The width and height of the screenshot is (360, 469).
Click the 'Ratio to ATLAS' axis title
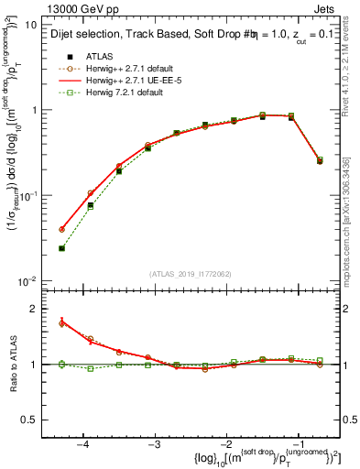pyautogui.click(x=12, y=365)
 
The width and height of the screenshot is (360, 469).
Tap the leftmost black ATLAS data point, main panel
pyautogui.click(x=62, y=248)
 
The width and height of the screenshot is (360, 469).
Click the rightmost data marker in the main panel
pyautogui.click(x=320, y=160)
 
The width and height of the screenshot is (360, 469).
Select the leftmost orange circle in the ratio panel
pyautogui.click(x=62, y=322)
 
